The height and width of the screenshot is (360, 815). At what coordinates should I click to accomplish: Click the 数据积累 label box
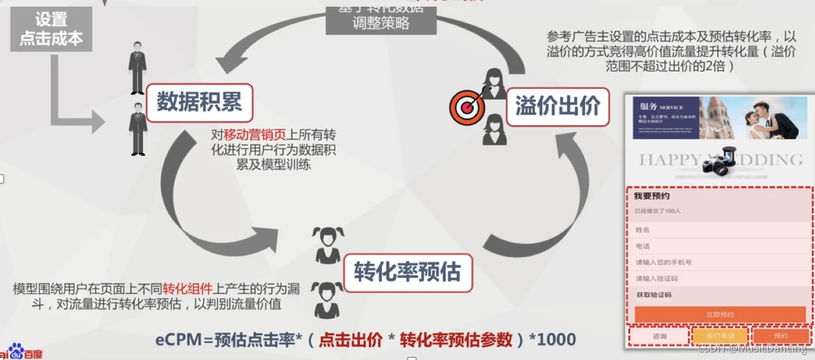pos(199,103)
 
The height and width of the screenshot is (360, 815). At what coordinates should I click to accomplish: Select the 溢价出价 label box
pos(557,106)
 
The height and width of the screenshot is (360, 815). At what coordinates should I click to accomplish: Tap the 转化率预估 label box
pos(407,272)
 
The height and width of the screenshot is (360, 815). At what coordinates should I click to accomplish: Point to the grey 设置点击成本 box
pos(50,29)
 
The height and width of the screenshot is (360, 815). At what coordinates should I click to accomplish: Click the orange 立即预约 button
pos(719,314)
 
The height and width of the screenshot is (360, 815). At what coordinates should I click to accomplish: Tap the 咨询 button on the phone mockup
pos(659,336)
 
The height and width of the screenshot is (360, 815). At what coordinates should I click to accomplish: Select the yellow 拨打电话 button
pos(719,336)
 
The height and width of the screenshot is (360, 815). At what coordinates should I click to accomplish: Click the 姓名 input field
pos(719,230)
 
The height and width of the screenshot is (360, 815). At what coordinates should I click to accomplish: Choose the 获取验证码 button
pos(654,295)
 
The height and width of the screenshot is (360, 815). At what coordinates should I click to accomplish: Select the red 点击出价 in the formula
pos(350,339)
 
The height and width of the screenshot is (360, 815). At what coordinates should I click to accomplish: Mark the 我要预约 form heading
pos(651,196)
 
